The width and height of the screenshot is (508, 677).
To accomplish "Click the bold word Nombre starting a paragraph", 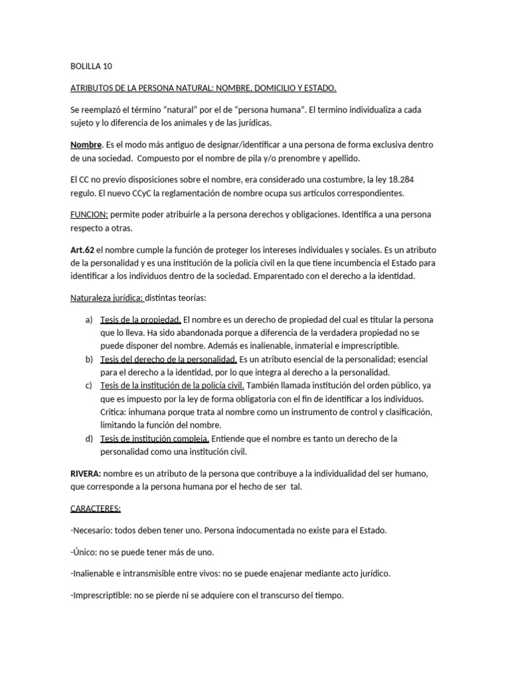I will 86,145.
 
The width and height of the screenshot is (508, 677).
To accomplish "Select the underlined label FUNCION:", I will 89,214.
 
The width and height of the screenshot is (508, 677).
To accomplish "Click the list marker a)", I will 89,321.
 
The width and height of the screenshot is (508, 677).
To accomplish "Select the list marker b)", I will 89,360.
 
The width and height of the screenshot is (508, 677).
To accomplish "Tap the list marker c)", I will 89,385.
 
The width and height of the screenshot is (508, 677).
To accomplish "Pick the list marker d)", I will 89,438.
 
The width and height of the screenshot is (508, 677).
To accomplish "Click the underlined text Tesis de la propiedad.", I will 140,321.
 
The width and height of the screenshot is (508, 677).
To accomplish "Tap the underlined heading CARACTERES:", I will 95,508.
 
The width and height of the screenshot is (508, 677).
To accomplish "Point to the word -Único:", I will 85,552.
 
